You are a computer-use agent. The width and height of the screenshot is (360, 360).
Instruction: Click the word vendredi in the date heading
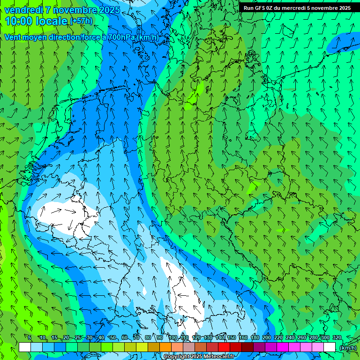pos(23,9)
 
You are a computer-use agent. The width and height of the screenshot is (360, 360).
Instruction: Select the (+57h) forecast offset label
pos(81,21)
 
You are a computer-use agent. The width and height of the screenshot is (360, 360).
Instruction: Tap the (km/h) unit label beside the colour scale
pos(348,348)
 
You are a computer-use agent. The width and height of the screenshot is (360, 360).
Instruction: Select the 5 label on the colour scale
pos(29,338)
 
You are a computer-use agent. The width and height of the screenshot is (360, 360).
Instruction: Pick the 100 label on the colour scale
pos(173,338)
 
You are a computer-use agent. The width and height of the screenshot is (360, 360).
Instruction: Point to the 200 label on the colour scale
pos(267,338)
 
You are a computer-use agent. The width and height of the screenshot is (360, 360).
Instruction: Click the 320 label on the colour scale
pos(337,338)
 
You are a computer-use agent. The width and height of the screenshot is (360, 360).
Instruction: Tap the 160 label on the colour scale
pos(243,338)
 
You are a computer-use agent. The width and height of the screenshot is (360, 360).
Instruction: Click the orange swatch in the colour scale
pos(165,347)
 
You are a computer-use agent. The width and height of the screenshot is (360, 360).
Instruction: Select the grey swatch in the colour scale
pos(188,347)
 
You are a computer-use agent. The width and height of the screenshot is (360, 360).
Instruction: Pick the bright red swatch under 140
pos(224,347)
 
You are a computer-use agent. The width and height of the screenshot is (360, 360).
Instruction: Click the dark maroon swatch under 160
pos(247,347)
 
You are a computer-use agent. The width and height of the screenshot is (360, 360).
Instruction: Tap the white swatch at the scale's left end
pos(25,347)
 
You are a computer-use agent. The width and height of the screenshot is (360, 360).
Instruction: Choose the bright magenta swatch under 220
pos(282,347)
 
